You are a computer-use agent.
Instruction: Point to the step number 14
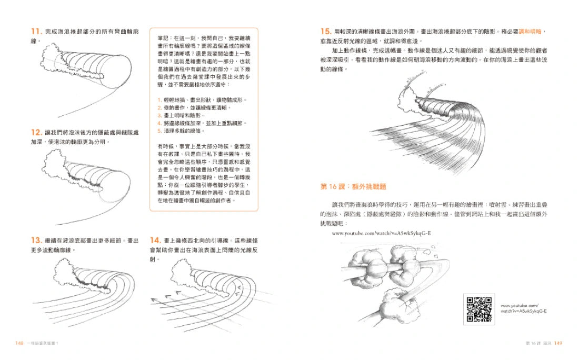pyautogui.click(x=155, y=240)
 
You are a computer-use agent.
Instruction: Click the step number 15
pyautogui.click(x=325, y=31)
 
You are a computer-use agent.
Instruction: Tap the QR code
pyautogui.click(x=478, y=308)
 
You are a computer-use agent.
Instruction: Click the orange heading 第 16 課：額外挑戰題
pyautogui.click(x=353, y=186)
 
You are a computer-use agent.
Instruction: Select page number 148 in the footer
pyautogui.click(x=19, y=343)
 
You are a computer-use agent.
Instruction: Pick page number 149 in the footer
pyautogui.click(x=558, y=343)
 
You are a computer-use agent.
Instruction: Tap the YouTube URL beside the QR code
pyautogui.click(x=523, y=308)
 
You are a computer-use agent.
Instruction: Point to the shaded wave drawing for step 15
pyautogui.click(x=432, y=126)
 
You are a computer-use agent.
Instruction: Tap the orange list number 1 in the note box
pyautogui.click(x=159, y=99)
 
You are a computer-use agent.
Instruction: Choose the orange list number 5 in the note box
pyautogui.click(x=159, y=131)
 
